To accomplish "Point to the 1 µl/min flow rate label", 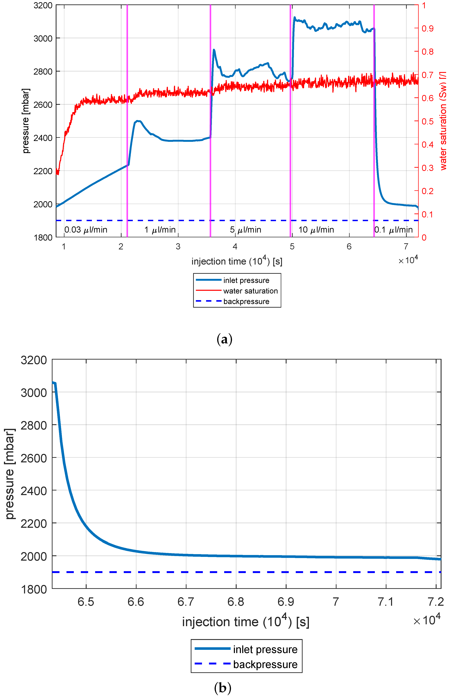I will click(x=160, y=230).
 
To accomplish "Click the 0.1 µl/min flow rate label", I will click(x=394, y=230).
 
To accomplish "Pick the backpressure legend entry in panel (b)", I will click(x=265, y=664).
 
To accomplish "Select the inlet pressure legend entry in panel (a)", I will click(x=246, y=280).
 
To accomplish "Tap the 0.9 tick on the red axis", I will click(x=427, y=29).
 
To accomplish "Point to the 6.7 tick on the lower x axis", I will click(x=186, y=602).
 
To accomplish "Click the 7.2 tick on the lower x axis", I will click(x=436, y=602).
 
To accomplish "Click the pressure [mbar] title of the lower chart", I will click(x=10, y=473).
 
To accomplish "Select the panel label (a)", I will click(x=224, y=339).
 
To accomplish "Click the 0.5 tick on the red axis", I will click(x=427, y=121).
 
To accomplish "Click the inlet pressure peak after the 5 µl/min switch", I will click(x=214, y=50).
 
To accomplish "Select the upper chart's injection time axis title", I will click(x=237, y=261).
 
